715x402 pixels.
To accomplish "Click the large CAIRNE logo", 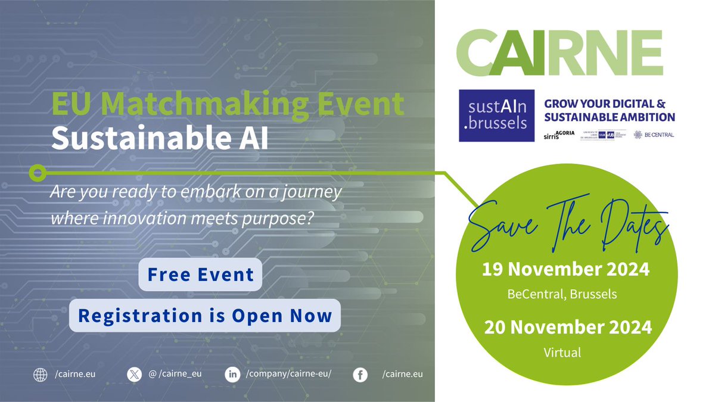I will click(559, 53).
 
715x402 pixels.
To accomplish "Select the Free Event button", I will click(200, 275).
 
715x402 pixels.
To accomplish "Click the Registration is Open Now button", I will click(204, 315).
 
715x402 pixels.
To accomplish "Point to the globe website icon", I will click(41, 375).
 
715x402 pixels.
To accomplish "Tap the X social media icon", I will click(133, 375).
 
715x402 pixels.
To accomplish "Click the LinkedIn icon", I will click(232, 375).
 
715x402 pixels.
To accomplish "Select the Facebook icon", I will click(359, 375).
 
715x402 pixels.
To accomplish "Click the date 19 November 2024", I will click(565, 270).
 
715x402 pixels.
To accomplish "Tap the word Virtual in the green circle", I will click(562, 352).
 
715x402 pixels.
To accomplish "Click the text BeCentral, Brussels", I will click(562, 294).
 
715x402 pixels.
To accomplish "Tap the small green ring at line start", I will click(38, 173).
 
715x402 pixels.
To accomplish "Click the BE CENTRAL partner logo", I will click(654, 135).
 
